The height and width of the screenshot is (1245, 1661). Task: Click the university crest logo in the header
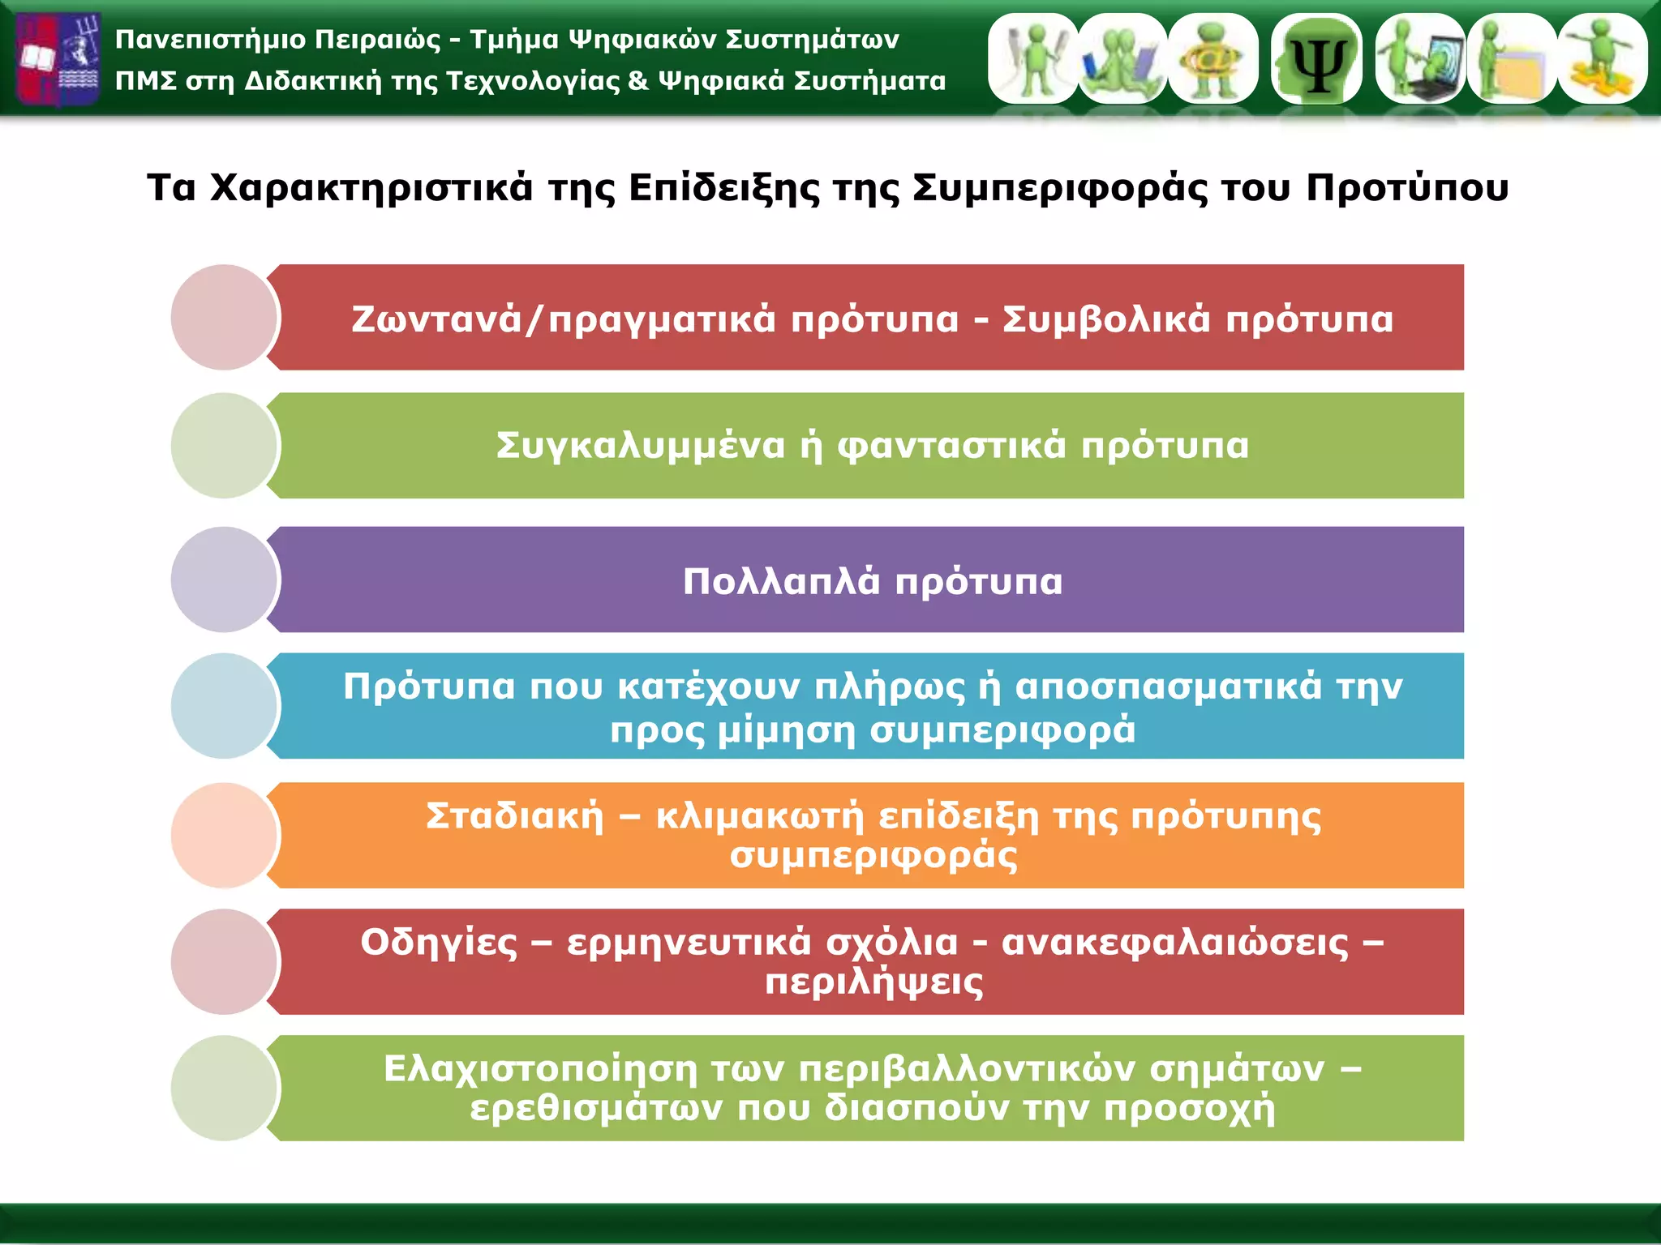coord(58,58)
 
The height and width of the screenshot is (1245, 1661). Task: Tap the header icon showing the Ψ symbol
coord(1317,59)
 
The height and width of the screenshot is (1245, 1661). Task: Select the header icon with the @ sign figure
coord(1212,59)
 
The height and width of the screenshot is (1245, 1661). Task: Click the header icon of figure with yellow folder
coord(1512,59)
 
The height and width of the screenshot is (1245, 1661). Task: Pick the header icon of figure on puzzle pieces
coord(1602,59)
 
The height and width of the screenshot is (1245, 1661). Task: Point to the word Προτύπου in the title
coord(1406,188)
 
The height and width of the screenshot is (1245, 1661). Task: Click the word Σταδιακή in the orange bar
coord(515,816)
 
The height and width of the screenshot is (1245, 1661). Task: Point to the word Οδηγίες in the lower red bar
coord(439,943)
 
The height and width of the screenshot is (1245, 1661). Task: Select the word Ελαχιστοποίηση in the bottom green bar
coord(540,1069)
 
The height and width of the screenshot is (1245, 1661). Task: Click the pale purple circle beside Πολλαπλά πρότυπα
coord(224,580)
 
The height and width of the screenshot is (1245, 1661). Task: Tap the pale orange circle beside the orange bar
coord(224,835)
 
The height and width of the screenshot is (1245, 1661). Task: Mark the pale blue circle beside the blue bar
coord(224,706)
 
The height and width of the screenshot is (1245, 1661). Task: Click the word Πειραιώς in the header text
coord(377,40)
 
